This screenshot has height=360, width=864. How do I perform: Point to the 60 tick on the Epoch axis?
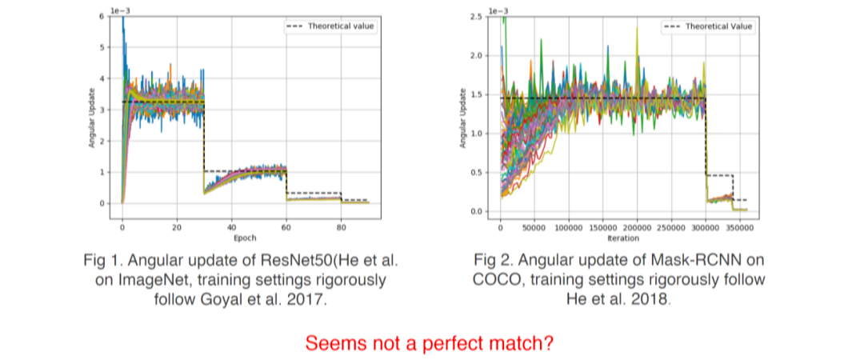click(x=286, y=227)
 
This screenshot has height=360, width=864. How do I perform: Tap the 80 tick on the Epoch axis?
click(x=340, y=227)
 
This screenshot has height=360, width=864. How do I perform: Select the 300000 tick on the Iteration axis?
click(x=705, y=227)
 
